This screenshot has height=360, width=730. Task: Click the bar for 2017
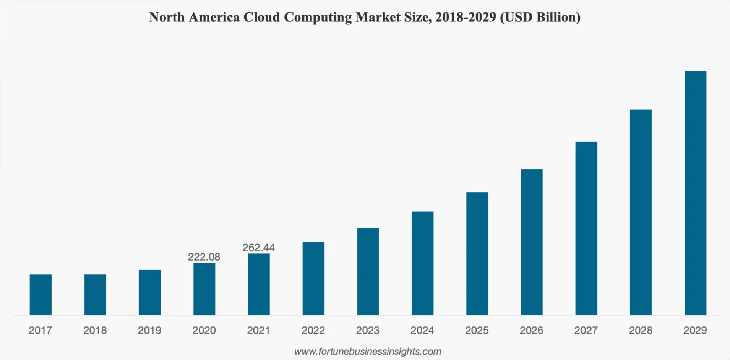coord(41,295)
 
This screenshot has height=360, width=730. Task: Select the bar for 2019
coord(150,292)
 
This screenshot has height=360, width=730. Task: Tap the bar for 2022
coord(313,278)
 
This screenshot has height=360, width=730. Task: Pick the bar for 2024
coord(422,263)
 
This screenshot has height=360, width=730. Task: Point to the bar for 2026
coord(532,242)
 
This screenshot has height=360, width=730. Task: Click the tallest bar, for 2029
coord(695,193)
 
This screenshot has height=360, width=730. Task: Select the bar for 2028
coord(641,212)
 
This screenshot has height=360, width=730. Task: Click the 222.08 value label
coord(204,257)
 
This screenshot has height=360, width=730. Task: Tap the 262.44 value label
coord(258,248)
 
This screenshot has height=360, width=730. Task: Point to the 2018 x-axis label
coord(95,330)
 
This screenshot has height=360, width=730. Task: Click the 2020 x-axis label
coord(204,330)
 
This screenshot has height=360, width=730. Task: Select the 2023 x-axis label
coord(368,330)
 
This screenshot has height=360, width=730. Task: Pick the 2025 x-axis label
coord(477,330)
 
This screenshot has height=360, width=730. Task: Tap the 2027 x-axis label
coord(586,330)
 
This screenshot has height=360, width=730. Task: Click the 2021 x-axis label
coord(258,330)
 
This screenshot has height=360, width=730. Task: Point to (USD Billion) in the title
coord(540,17)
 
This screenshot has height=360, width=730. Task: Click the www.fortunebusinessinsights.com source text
coord(368,351)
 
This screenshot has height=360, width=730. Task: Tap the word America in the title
coord(214,17)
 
